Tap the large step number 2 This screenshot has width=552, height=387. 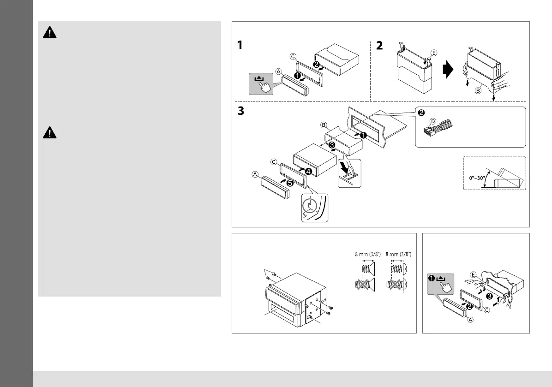379,46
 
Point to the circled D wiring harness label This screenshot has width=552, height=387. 432,121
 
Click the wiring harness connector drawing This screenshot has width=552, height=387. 439,128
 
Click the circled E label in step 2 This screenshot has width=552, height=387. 433,52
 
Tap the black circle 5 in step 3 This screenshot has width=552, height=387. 289,183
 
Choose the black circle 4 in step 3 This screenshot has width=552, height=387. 307,172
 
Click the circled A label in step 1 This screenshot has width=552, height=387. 278,71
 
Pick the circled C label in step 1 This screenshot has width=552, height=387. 293,57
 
